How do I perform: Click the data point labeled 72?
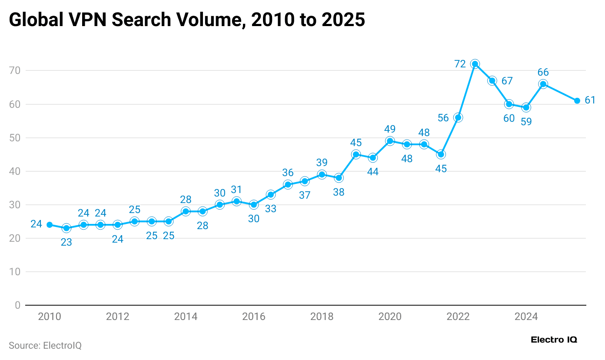pyautogui.click(x=475, y=64)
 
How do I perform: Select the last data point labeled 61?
pyautogui.click(x=577, y=101)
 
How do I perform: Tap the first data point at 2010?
pyautogui.click(x=50, y=225)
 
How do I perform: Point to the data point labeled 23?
pyautogui.click(x=66, y=228)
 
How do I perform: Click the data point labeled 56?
pyautogui.click(x=458, y=117)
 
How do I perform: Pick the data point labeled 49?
pyautogui.click(x=390, y=141)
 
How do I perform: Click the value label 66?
pyautogui.click(x=543, y=73)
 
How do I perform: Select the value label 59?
pyautogui.click(x=526, y=122)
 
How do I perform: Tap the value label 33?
pyautogui.click(x=271, y=209)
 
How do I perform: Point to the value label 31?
pyautogui.click(x=236, y=190)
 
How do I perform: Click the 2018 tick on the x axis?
pyautogui.click(x=322, y=317)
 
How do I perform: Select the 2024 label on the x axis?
pyautogui.click(x=526, y=317)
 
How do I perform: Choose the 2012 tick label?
pyautogui.click(x=117, y=317)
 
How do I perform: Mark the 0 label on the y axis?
pyautogui.click(x=17, y=305)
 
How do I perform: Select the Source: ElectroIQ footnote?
pyautogui.click(x=45, y=346)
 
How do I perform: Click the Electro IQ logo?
pyautogui.click(x=554, y=340)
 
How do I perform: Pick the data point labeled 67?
pyautogui.click(x=492, y=81)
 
